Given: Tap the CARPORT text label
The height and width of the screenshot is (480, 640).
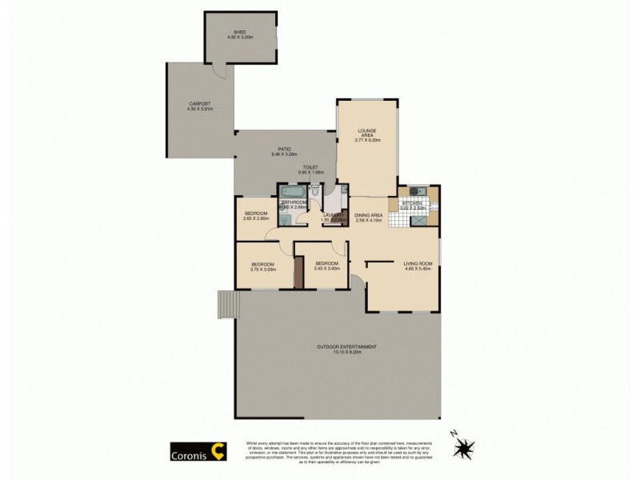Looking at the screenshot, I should tap(198, 105).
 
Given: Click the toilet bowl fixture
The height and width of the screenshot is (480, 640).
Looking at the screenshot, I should tap(318, 191).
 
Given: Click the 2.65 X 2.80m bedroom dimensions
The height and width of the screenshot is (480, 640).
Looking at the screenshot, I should tap(256, 219).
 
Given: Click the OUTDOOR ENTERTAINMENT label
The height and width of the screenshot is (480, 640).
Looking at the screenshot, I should tap(346, 348).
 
